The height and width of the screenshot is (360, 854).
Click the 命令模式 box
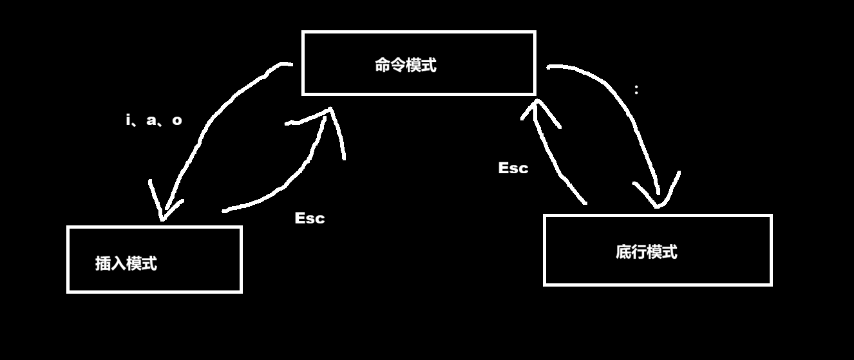419,63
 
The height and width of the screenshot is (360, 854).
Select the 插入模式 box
155,260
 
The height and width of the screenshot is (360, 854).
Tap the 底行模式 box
658,250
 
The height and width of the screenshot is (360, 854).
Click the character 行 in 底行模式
639,252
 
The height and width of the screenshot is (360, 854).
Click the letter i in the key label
128,120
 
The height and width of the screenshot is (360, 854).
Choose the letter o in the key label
177,120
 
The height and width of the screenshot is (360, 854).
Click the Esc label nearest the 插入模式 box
310,218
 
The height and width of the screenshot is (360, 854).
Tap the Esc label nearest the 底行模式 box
513,168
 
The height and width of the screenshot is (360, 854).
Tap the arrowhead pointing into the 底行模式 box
658,196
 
